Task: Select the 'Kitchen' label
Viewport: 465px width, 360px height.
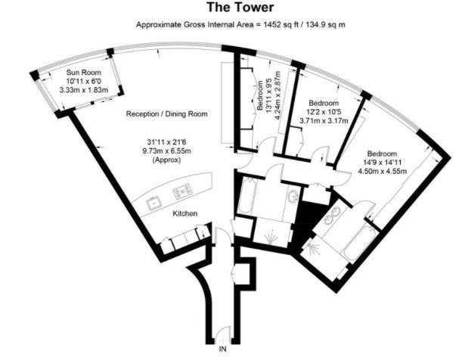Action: [x=185, y=214]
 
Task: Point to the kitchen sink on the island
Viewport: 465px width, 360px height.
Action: [x=152, y=202]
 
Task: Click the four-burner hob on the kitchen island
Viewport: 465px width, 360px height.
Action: [x=181, y=192]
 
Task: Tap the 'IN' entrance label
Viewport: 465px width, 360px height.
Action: [x=222, y=350]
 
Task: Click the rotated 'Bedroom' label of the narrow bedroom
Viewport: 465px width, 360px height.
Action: [x=259, y=96]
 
